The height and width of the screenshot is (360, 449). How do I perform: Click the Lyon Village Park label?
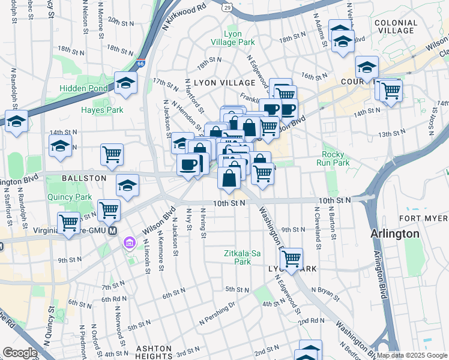coord(233,38)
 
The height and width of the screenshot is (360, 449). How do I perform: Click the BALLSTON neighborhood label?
coord(83,178)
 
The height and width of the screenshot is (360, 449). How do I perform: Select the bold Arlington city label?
coord(394,233)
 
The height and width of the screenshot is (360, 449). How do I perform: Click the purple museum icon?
coord(129,242)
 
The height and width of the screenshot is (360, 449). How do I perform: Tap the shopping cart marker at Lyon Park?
coord(291,259)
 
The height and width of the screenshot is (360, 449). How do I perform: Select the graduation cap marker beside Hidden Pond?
coord(126,83)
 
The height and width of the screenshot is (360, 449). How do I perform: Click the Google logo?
coord(20,353)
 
